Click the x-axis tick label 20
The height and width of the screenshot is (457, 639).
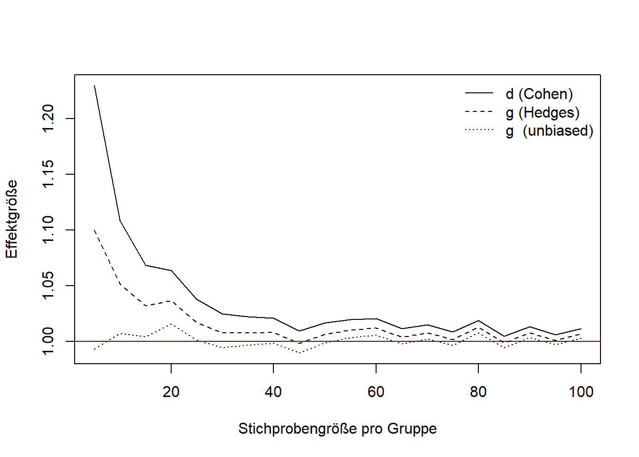(171, 392)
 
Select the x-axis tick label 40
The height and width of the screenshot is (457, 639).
(273, 392)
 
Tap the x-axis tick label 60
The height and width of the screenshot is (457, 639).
(376, 392)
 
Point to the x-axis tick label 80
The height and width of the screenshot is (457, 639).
(478, 392)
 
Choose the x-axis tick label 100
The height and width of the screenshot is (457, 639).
(581, 392)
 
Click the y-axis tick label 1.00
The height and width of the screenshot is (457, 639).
(48, 341)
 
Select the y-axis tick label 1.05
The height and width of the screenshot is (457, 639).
(48, 286)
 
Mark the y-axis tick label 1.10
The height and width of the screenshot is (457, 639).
(48, 230)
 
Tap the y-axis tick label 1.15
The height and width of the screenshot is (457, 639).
(48, 174)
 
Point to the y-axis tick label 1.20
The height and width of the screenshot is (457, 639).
(48, 119)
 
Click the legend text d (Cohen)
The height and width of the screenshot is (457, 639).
(539, 94)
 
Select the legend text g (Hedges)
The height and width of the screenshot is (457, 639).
(542, 113)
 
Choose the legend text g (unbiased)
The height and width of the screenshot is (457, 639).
(549, 131)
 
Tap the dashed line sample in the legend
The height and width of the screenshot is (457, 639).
(479, 112)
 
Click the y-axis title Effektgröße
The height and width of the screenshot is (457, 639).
(11, 219)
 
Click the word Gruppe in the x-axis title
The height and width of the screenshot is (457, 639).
(412, 429)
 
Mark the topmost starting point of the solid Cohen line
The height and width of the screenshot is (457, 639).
(95, 86)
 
